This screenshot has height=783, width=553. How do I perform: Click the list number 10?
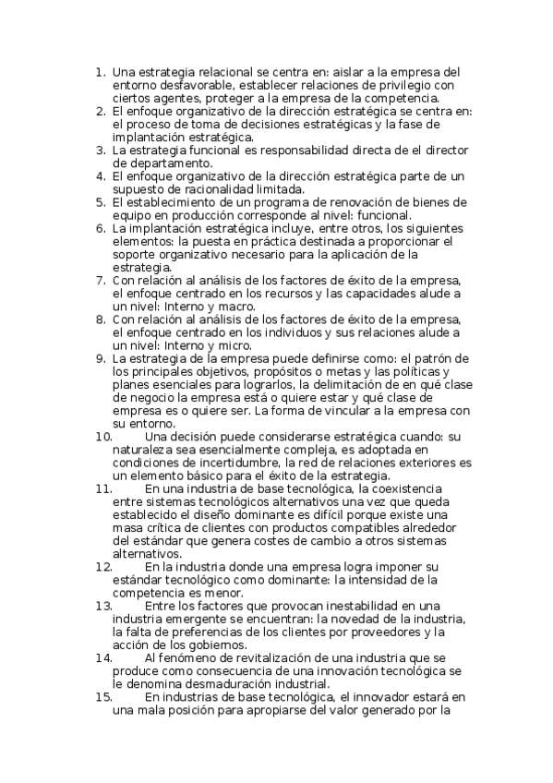point(103,436)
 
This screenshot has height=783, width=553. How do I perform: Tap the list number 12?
point(103,565)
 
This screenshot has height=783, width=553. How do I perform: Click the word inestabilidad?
point(359,605)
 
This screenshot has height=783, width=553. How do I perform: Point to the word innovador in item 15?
point(373,697)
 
